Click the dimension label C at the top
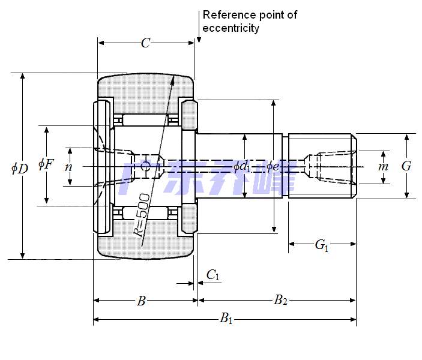pyautogui.click(x=145, y=43)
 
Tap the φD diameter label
pyautogui.click(x=19, y=168)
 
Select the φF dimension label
pyautogui.click(x=46, y=163)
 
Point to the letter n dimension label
pyautogui.click(x=68, y=167)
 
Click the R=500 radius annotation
pyautogui.click(x=142, y=215)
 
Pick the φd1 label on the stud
pyautogui.click(x=242, y=166)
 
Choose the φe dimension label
pyautogui.click(x=273, y=166)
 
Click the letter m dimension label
pyautogui.click(x=383, y=166)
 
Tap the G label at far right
pyautogui.click(x=406, y=166)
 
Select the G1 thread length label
pyautogui.click(x=322, y=245)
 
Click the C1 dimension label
pyautogui.click(x=213, y=275)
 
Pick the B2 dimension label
pyautogui.click(x=280, y=301)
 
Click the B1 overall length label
pyautogui.click(x=226, y=319)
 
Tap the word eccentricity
pyautogui.click(x=231, y=28)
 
